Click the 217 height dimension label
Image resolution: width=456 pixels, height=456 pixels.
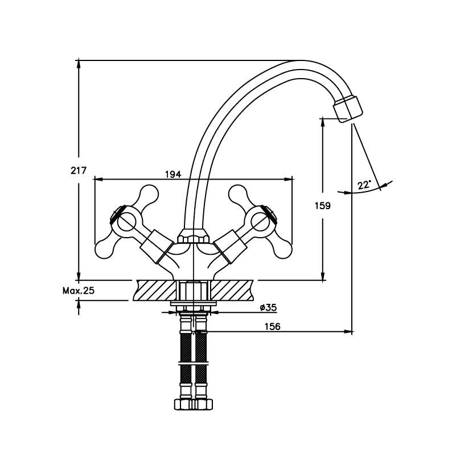pyautogui.click(x=79, y=170)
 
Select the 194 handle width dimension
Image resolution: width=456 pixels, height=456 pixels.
pyautogui.click(x=173, y=174)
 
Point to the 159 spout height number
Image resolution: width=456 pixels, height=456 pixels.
pyautogui.click(x=323, y=206)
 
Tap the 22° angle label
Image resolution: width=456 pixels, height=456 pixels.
pyautogui.click(x=364, y=185)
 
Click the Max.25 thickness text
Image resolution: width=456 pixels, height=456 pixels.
pyautogui.click(x=79, y=290)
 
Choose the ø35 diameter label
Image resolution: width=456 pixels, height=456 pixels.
pyautogui.click(x=268, y=307)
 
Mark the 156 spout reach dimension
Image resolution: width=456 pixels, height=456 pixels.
pyautogui.click(x=273, y=327)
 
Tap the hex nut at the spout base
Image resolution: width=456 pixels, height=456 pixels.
pyautogui.click(x=194, y=237)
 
